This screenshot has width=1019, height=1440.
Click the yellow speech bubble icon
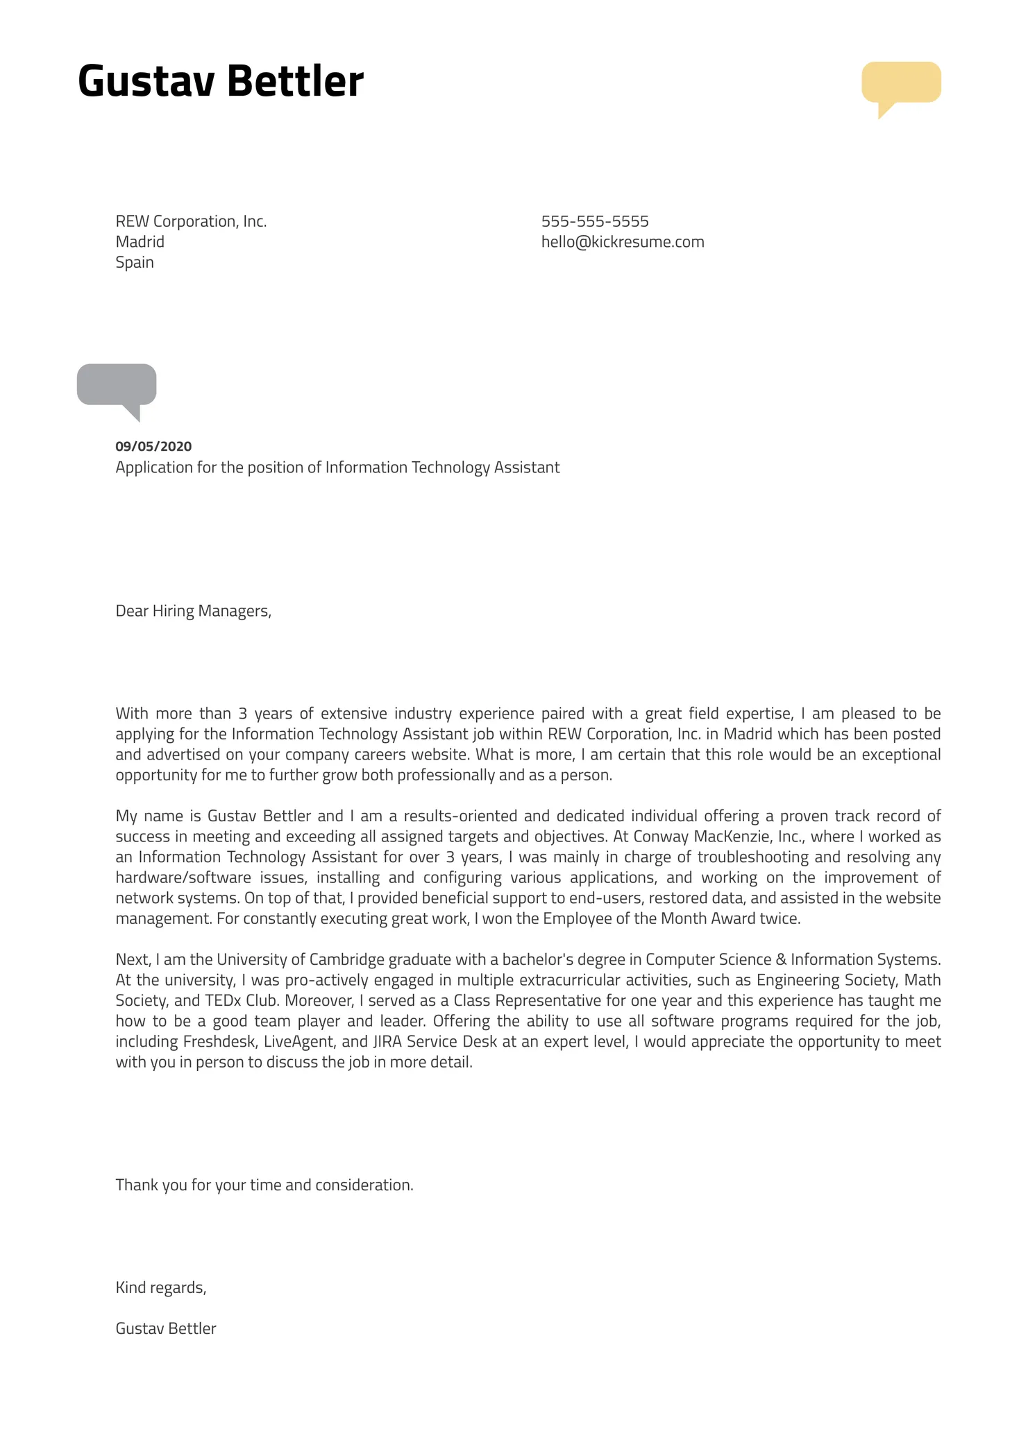(x=900, y=83)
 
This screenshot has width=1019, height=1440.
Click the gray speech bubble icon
(x=117, y=385)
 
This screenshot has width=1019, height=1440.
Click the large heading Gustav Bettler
(x=220, y=81)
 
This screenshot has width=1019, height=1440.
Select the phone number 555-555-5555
(x=594, y=221)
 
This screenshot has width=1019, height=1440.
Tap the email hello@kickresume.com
(x=622, y=242)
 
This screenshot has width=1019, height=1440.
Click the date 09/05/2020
(x=153, y=447)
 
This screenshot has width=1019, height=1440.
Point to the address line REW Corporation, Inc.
(x=191, y=221)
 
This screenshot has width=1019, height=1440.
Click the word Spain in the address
(x=135, y=262)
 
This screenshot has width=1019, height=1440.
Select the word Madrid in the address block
(x=140, y=242)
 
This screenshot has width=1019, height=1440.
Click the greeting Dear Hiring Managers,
(x=193, y=611)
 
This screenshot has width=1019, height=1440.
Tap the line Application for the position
(x=337, y=468)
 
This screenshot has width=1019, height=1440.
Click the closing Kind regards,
(x=161, y=1287)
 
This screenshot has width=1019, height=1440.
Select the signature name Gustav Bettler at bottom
(x=166, y=1328)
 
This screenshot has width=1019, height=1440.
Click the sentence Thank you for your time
(x=264, y=1185)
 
